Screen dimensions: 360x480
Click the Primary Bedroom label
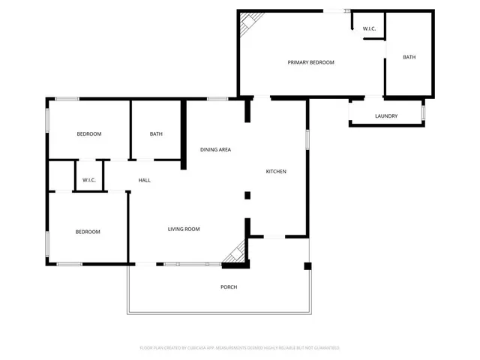coord(311,62)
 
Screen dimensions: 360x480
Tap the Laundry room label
coord(386,116)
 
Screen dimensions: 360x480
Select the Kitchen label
coord(276,172)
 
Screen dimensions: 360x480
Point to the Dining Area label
coord(215,149)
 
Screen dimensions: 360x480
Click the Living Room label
coord(183,229)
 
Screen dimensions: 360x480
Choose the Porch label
coord(229,287)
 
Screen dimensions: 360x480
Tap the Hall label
coord(145,180)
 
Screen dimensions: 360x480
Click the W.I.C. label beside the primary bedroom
coord(369,29)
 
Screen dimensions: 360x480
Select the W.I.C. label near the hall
coord(88,180)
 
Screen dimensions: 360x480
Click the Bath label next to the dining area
coord(156,134)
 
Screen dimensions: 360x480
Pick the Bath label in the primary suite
coord(409,57)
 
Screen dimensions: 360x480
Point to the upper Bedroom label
coord(89,134)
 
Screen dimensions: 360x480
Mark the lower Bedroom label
coord(88,232)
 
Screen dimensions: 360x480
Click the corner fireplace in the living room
coord(236,253)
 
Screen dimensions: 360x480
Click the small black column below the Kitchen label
coord(247,196)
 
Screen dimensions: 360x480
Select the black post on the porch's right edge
coord(306,265)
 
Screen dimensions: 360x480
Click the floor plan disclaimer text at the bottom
coord(240,348)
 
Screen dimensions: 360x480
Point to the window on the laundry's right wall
coord(423,112)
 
